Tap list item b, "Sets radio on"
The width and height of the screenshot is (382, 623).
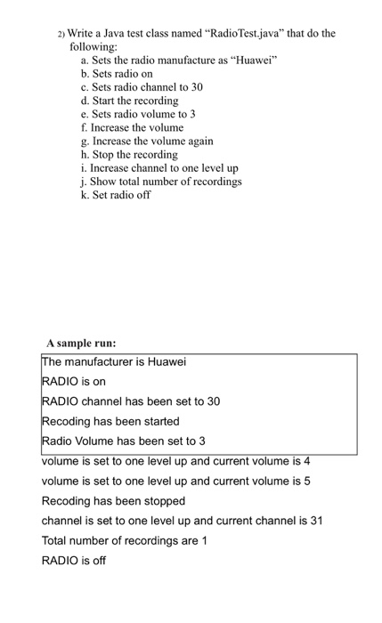[117, 74]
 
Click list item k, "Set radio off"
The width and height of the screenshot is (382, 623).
[116, 194]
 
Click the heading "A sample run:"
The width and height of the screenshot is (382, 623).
[81, 342]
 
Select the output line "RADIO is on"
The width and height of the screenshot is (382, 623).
[74, 382]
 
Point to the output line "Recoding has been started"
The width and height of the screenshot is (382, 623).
[110, 421]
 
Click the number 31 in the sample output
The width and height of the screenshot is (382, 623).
[314, 521]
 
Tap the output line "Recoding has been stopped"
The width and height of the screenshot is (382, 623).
[113, 501]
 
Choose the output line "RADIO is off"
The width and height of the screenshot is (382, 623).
[74, 561]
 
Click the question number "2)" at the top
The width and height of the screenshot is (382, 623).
[61, 35]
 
